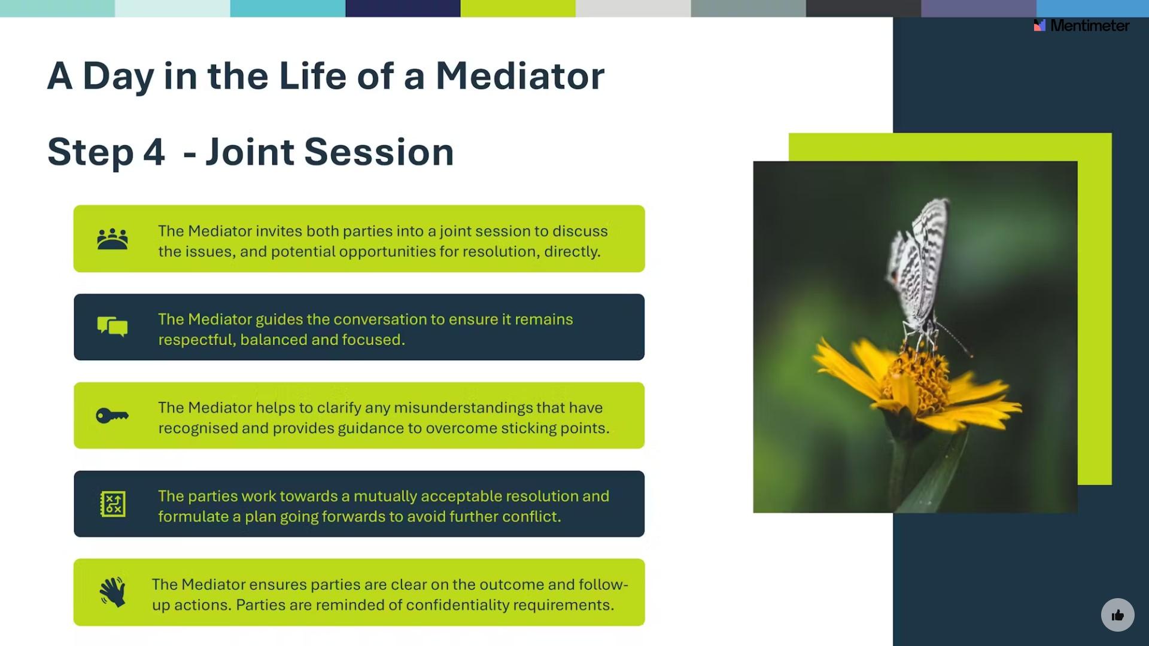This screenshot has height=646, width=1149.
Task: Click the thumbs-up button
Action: tap(1117, 615)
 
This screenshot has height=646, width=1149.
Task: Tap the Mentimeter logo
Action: tap(1081, 25)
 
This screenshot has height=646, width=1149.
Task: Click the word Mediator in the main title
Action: tap(519, 76)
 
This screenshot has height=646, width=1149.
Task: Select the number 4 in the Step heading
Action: tap(154, 151)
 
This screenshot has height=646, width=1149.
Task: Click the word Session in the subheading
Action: tap(379, 151)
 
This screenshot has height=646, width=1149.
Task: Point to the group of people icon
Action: tap(113, 239)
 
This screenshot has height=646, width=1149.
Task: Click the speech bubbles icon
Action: tap(113, 327)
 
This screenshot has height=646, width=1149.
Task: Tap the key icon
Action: tap(113, 415)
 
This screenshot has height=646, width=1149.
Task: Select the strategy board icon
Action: tap(113, 504)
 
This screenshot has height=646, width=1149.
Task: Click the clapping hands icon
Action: tap(113, 592)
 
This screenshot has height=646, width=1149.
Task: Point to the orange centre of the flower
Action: tap(916, 377)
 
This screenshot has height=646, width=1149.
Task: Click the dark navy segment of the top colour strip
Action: tap(403, 8)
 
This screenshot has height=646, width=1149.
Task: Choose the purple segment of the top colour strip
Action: tap(978, 8)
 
